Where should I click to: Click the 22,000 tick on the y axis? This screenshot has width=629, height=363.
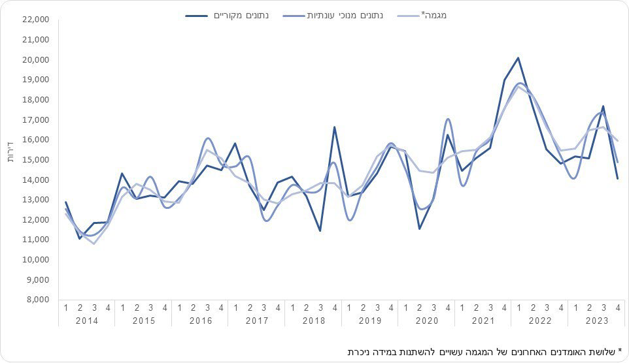pos(36,20)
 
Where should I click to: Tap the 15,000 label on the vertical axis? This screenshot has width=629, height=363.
pos(36,160)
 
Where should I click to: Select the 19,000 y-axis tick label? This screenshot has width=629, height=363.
pos(36,80)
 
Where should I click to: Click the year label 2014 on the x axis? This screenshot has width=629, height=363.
pos(87,321)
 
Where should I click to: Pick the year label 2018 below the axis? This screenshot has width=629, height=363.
pos(313,321)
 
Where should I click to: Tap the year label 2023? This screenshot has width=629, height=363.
pos(597,321)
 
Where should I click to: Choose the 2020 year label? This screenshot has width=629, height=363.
pos(426,321)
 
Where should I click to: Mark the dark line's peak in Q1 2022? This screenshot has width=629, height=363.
pos(518,58)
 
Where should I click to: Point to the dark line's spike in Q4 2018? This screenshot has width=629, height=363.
pos(334,127)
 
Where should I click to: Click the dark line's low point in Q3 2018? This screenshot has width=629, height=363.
pos(320,230)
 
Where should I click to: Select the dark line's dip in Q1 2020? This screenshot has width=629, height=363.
pos(419,229)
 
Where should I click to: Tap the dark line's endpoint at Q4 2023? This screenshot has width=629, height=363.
pos(618,178)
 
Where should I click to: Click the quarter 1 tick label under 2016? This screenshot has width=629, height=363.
pos(179,308)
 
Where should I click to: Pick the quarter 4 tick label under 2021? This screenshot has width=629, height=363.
pos(504,308)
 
